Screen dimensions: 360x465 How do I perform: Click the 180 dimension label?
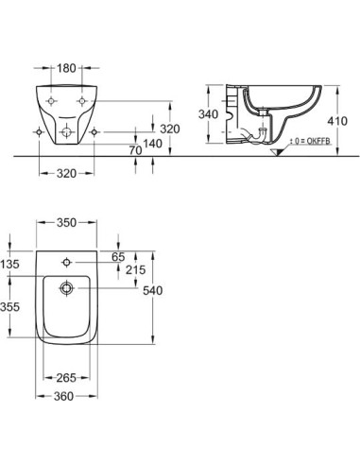click(x=66, y=68)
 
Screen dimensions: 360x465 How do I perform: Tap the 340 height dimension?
click(x=208, y=114)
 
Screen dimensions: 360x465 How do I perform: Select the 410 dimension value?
click(x=337, y=121)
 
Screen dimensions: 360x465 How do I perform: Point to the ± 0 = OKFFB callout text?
click(x=310, y=141)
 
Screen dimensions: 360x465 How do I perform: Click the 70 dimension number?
click(x=135, y=150)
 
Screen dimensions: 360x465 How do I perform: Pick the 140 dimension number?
click(x=153, y=144)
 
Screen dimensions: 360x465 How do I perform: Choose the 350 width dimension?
click(x=66, y=223)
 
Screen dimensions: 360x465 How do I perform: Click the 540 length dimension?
click(x=153, y=290)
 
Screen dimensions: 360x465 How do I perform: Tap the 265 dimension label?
click(x=66, y=377)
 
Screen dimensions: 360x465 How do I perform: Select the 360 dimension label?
click(x=63, y=396)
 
